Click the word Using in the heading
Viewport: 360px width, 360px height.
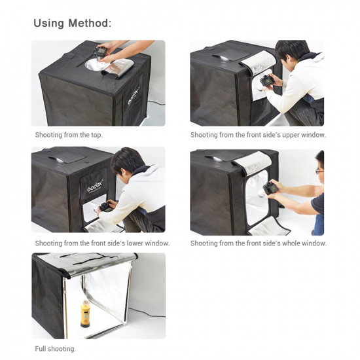point(48,24)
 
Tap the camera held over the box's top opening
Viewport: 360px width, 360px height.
point(103,52)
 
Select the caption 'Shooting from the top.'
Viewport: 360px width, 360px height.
point(69,135)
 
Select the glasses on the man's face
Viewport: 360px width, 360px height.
point(319,171)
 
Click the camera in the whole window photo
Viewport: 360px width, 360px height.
point(269,189)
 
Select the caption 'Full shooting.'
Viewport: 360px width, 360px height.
point(56,349)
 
